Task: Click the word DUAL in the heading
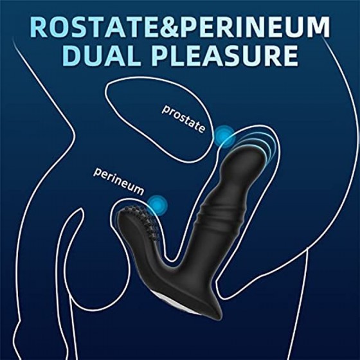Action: pyautogui.click(x=102, y=55)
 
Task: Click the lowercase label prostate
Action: pyautogui.click(x=183, y=119)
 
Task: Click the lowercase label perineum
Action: pyautogui.click(x=119, y=182)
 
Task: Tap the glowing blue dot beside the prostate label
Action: pyautogui.click(x=224, y=137)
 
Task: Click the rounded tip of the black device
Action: pyautogui.click(x=248, y=158)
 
